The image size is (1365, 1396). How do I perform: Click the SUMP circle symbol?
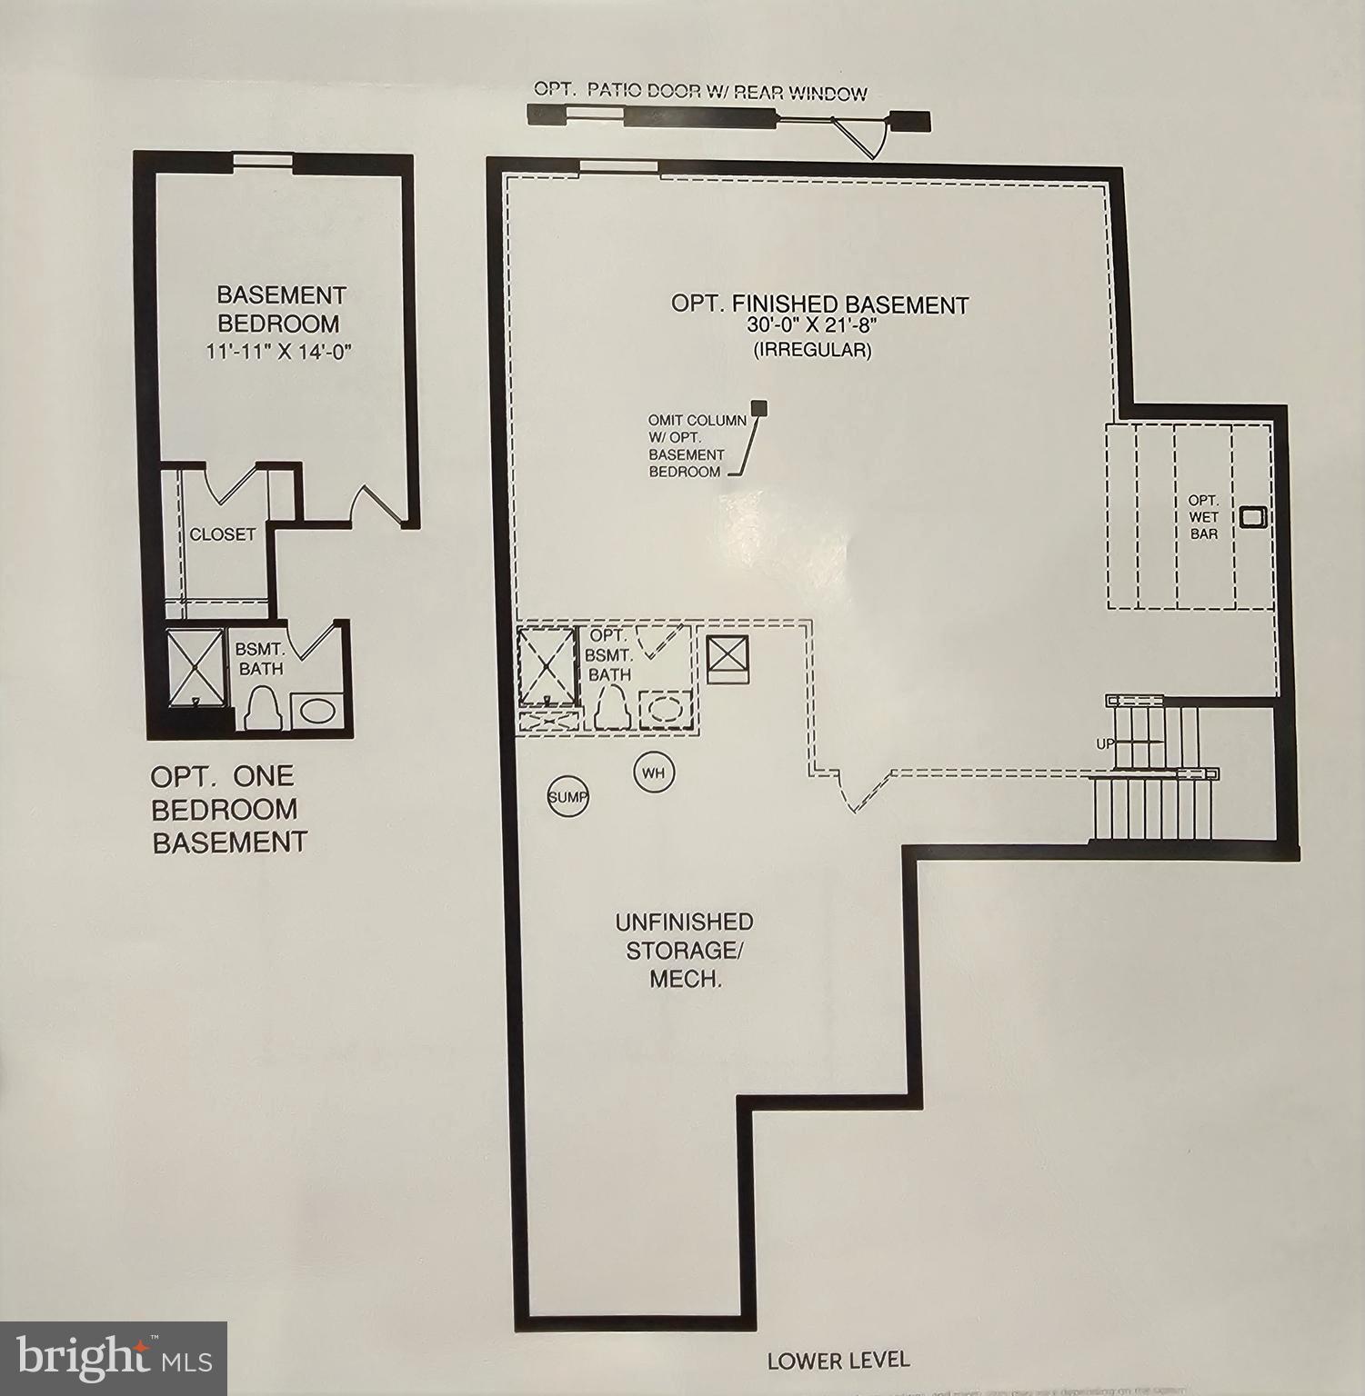[567, 797]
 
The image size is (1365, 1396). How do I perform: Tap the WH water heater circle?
[653, 773]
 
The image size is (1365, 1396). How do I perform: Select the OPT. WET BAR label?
[1203, 517]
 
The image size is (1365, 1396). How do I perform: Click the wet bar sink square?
[1252, 516]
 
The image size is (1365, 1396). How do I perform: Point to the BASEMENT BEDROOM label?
[280, 309]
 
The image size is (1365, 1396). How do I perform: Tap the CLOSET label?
[222, 534]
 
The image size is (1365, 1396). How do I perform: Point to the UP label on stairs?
[1105, 743]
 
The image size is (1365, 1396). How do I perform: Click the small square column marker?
[758, 408]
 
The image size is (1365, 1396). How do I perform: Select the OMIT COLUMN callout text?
[697, 446]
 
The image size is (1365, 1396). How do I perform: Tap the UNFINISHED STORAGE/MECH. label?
[684, 951]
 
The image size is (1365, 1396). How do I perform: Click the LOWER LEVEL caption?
[838, 1360]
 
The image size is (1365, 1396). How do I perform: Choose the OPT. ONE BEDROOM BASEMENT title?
[228, 809]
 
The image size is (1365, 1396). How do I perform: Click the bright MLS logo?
[113, 1358]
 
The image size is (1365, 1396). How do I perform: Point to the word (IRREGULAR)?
[812, 350]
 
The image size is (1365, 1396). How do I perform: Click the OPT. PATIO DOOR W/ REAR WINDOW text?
[699, 91]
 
